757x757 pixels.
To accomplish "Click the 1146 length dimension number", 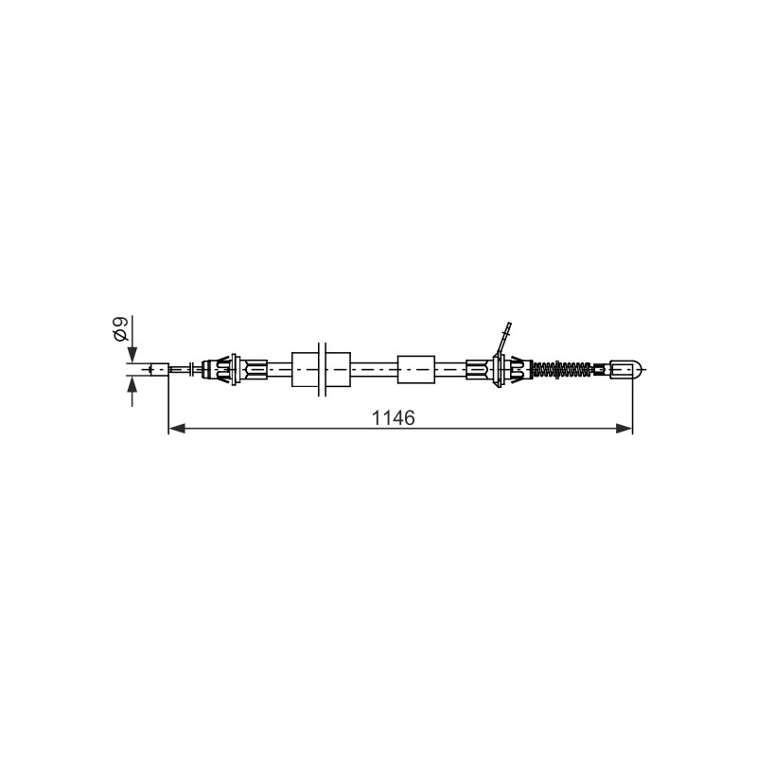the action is tap(393, 418).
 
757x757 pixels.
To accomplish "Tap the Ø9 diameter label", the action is tap(120, 329).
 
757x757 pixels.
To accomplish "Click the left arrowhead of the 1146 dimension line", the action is tap(177, 429).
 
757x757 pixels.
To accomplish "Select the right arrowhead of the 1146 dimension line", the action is tap(624, 429).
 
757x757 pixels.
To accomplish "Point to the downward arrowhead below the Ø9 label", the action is tap(132, 355).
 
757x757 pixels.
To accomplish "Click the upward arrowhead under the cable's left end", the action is tap(132, 384).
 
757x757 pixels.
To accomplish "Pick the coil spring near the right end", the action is tap(561, 369).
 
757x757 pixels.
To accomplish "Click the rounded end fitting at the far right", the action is tap(626, 369).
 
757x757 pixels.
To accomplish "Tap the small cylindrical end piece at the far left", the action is tap(159, 369).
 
